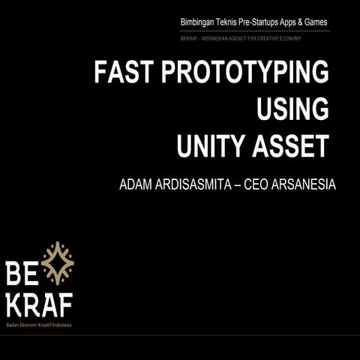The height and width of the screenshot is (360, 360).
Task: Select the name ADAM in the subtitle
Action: (137, 184)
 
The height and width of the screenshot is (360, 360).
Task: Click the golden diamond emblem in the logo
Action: (58, 263)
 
